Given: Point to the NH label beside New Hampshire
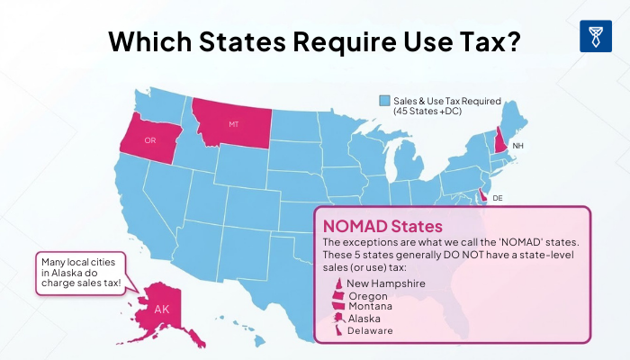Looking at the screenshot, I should pyautogui.click(x=517, y=145).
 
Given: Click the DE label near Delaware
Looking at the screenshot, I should pyautogui.click(x=498, y=197).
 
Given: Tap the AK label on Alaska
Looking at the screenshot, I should pyautogui.click(x=161, y=309).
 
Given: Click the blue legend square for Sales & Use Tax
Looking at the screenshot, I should pyautogui.click(x=384, y=101).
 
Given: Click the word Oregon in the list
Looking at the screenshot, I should pyautogui.click(x=369, y=295).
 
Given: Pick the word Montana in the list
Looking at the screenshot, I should pyautogui.click(x=371, y=307).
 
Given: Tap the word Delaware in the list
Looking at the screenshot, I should pyautogui.click(x=371, y=330).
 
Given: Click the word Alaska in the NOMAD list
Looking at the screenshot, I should pyautogui.click(x=365, y=319).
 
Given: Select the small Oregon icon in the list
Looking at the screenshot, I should pyautogui.click(x=339, y=295).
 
